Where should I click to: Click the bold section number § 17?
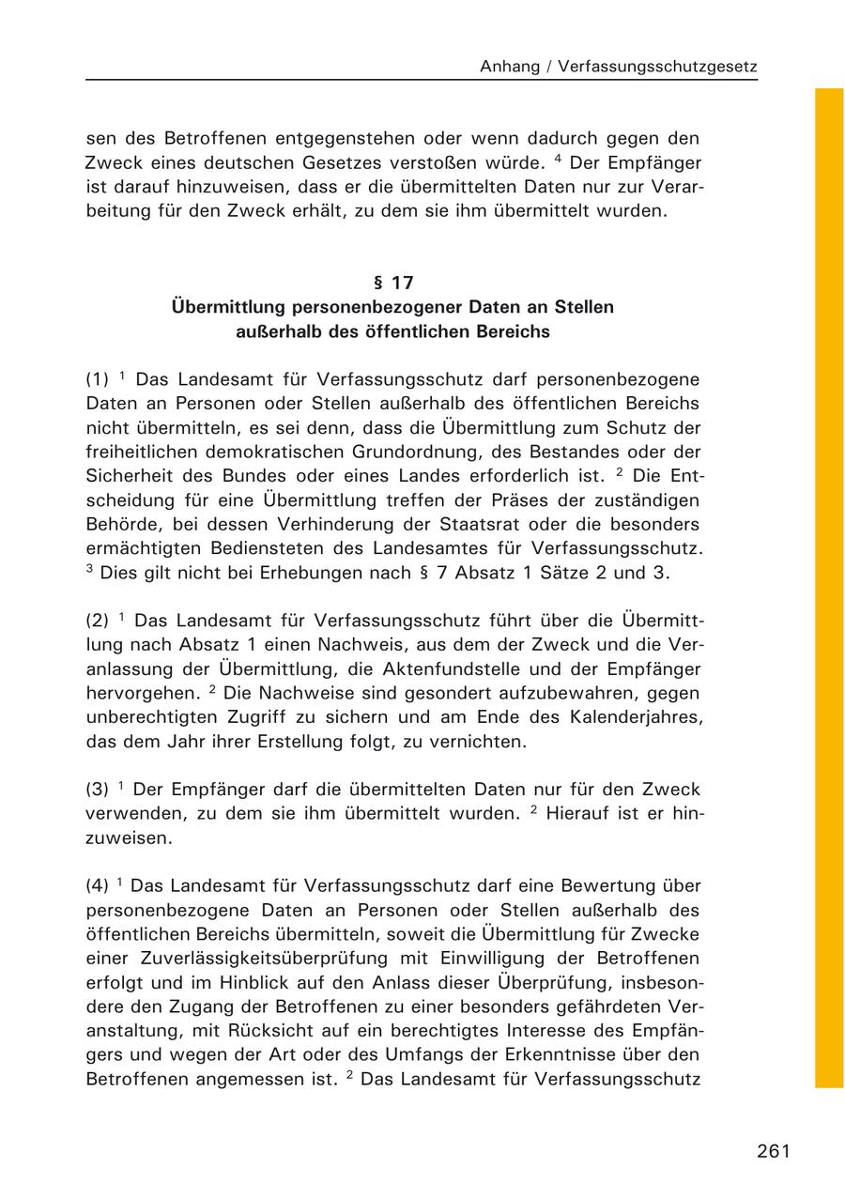(x=393, y=282)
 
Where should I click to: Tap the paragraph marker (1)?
(x=98, y=380)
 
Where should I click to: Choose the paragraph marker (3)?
(x=98, y=790)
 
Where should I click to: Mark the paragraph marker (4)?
(x=98, y=885)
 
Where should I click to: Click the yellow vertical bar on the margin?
(x=829, y=588)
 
